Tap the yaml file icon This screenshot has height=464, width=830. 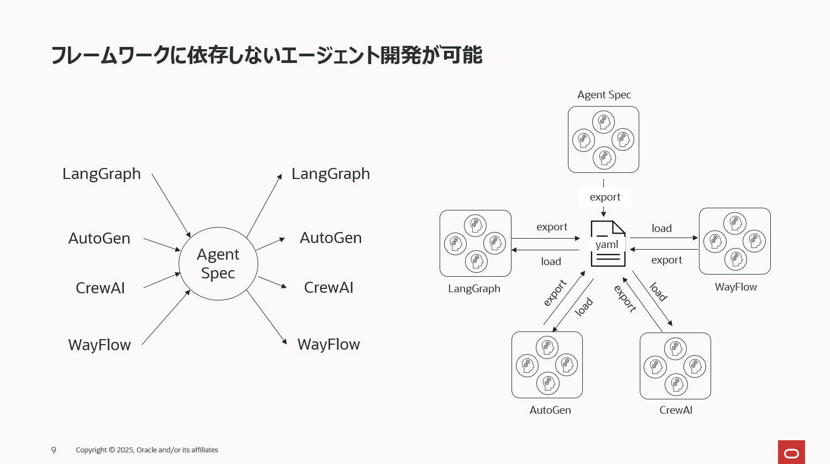pos(608,244)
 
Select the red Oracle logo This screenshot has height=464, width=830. pos(791,452)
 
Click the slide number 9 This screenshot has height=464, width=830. pos(54,450)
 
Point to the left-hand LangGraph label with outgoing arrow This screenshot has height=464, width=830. pos(102,173)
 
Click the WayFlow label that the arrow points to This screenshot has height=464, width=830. pos(328,344)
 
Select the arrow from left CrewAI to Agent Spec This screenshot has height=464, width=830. pos(161,280)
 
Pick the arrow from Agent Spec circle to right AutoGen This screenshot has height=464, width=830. pos(270,244)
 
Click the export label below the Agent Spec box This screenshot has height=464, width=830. pos(605,197)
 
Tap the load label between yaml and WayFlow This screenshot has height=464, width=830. pos(662,228)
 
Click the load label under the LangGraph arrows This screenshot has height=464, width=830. pos(551,262)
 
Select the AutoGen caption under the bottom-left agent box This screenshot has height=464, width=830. pos(550,410)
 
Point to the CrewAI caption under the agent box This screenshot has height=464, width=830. pos(676,410)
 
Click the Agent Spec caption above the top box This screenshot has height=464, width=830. pos(604,94)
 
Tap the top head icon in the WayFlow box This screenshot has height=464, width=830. pos(735,223)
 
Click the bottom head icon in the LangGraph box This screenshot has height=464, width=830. pos(476,261)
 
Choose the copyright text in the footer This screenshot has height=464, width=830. pos(147,450)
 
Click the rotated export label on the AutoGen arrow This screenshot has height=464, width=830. pos(555,293)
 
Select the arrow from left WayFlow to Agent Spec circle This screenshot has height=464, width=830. pos(166,318)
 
